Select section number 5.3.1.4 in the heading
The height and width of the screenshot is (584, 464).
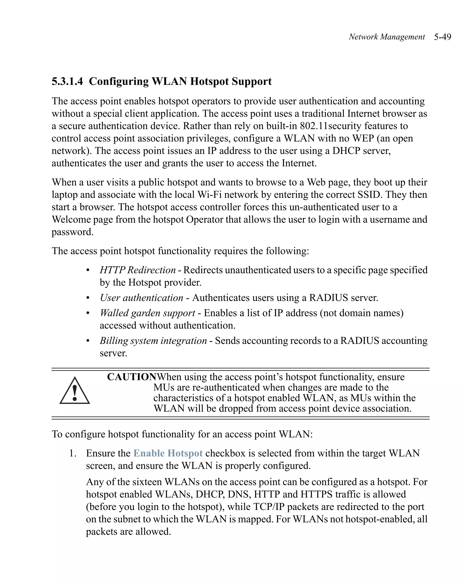[x=67, y=81]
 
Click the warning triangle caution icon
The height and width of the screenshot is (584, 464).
[x=75, y=391]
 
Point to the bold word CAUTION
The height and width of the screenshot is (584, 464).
[x=132, y=377]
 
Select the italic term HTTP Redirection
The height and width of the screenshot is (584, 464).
[x=138, y=270]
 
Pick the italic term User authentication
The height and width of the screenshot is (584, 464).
[x=141, y=298]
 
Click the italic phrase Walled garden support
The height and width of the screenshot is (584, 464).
[x=147, y=313]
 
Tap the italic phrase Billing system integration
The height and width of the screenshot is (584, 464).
[x=153, y=341]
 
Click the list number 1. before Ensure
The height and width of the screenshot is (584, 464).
[x=73, y=453]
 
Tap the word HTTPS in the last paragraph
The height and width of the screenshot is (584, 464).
[x=316, y=494]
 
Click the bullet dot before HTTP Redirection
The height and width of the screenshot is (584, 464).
[x=87, y=270]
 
